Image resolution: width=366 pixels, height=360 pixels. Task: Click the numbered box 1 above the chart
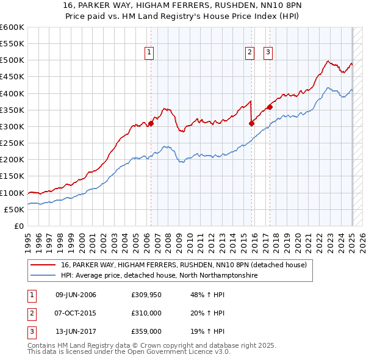pos(149,53)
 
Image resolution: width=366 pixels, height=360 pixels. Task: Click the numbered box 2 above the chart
pos(250,53)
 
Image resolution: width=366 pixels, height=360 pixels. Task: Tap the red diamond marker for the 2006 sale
pos(151,123)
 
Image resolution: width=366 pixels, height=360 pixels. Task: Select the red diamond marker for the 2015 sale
pos(251,123)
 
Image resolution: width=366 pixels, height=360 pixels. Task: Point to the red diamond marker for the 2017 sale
pos(270,107)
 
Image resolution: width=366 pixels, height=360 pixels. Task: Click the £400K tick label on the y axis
pos(12,93)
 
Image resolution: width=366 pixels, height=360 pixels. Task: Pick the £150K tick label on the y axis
pos(12,176)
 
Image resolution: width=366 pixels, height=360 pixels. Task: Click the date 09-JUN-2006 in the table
pos(76,295)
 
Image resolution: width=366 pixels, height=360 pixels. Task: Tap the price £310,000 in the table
pos(146,313)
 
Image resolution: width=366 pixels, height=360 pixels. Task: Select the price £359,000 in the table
pos(146,331)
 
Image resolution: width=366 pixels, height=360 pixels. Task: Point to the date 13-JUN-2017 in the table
pos(76,331)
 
